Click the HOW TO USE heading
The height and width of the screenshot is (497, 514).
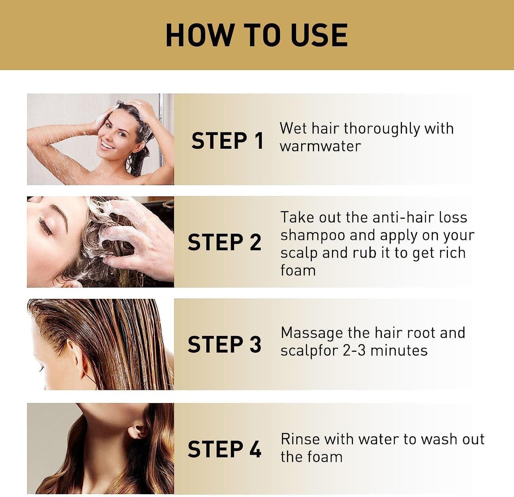pyautogui.click(x=256, y=35)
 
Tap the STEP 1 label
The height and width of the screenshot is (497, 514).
pyautogui.click(x=227, y=141)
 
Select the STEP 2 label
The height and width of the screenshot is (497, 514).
pyautogui.click(x=224, y=243)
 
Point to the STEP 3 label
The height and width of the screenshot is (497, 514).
pyautogui.click(x=224, y=344)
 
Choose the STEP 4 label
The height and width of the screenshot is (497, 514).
pyautogui.click(x=224, y=449)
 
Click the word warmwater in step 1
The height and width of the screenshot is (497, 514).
pyautogui.click(x=320, y=146)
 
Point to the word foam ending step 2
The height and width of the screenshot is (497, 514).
pyautogui.click(x=298, y=270)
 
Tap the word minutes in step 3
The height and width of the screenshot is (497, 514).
pyautogui.click(x=399, y=351)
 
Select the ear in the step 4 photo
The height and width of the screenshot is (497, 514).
pyautogui.click(x=138, y=430)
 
